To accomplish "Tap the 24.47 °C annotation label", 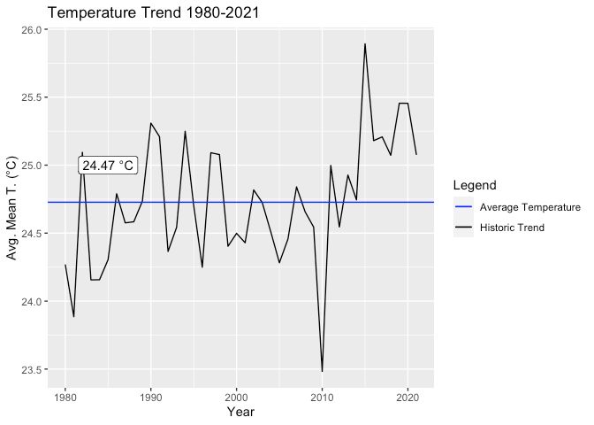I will (x=108, y=166).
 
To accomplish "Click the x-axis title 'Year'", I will (x=240, y=412).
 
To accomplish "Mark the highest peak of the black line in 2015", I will (x=364, y=44).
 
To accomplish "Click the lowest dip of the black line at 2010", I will (x=322, y=371).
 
